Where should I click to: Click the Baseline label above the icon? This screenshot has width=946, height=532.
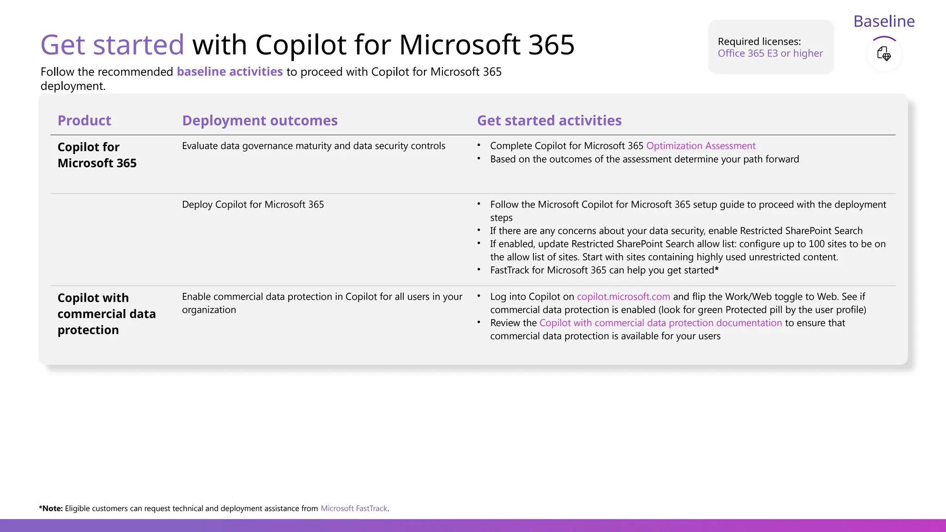884,21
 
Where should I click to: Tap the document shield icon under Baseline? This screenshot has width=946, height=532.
884,54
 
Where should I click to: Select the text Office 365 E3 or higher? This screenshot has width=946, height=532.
770,54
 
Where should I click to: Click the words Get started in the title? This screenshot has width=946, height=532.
112,45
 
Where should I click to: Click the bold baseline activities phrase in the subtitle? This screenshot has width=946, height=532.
230,72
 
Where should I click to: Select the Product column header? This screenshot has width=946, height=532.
84,121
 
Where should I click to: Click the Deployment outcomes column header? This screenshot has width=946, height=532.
260,121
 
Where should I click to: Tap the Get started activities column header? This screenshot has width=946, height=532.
549,121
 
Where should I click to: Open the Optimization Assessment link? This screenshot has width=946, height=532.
701,146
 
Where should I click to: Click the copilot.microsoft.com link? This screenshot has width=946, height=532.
623,297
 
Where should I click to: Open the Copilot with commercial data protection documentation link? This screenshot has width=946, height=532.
661,323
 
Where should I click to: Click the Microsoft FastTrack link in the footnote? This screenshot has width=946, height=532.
354,508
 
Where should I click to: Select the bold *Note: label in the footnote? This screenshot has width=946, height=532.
51,508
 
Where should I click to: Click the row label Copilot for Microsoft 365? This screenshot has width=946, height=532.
97,155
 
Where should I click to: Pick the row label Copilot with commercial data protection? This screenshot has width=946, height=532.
106,314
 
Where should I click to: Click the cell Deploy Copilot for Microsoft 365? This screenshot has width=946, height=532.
253,205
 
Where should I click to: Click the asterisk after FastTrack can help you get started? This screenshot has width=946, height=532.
716,270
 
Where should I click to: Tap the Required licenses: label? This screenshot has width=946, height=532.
759,42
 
